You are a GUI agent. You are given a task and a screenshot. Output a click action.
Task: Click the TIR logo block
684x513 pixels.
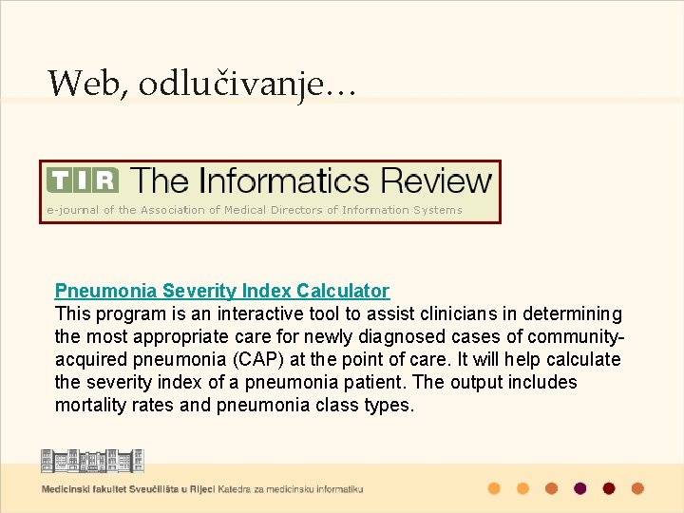(83, 180)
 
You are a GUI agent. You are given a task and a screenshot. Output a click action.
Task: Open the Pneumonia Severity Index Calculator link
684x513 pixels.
(221, 291)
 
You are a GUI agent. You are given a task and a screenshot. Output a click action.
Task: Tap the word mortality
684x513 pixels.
(92, 405)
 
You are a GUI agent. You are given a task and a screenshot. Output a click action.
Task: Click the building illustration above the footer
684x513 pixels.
(92, 460)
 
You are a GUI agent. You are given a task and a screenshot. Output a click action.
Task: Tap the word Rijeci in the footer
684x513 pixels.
(199, 489)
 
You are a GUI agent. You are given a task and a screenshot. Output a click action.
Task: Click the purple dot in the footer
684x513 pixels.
(579, 488)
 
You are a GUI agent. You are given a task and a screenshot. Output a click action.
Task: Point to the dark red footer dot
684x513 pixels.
(609, 488)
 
